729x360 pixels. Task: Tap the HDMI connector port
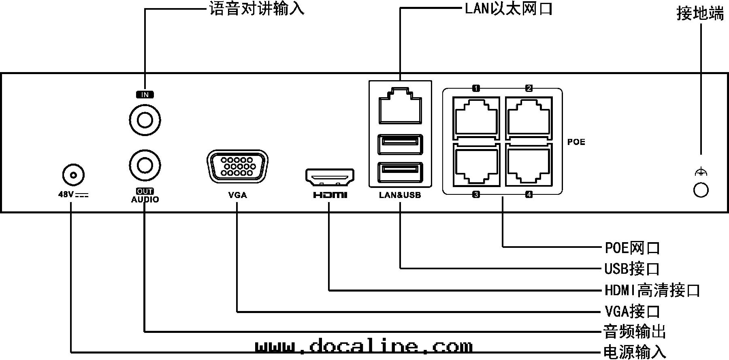(330, 177)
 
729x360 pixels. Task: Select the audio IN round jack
(145, 120)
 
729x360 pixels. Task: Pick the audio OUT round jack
(145, 165)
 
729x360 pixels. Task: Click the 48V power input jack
(73, 175)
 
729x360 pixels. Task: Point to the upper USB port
(400, 144)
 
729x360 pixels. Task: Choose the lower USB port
(400, 172)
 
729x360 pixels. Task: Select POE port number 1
(476, 117)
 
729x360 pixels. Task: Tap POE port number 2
(529, 117)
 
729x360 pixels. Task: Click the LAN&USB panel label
(400, 195)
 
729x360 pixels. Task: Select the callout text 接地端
(700, 14)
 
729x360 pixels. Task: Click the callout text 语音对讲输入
(257, 8)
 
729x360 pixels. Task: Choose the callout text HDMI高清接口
(652, 290)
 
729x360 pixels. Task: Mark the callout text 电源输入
(634, 352)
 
